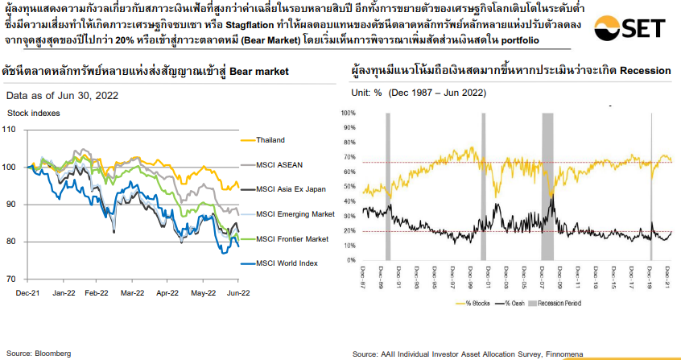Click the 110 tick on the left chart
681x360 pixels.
(x=10, y=129)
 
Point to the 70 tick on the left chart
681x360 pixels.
(x=11, y=279)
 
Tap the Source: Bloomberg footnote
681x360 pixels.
(x=39, y=353)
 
